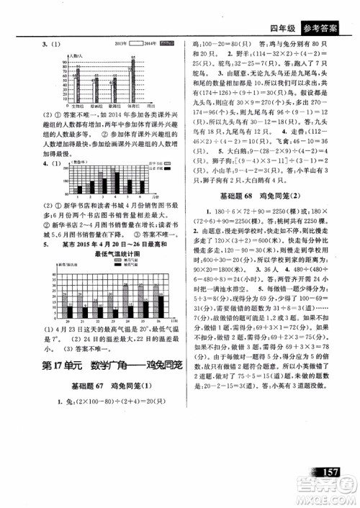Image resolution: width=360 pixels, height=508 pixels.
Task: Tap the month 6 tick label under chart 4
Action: click(x=141, y=195)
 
